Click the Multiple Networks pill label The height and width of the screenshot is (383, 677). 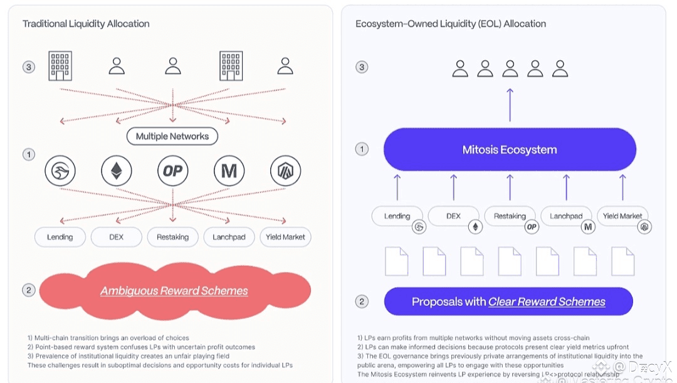172,136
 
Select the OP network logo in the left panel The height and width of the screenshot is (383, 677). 173,171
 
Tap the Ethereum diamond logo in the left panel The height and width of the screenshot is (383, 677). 117,171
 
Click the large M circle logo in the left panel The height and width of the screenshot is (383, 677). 229,171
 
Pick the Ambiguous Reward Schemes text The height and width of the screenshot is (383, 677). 174,291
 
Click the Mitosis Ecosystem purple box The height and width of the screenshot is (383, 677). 510,150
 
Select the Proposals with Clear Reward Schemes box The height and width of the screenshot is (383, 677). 508,302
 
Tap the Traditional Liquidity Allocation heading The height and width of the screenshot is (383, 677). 86,24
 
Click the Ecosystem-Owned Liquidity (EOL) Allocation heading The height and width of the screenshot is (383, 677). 451,24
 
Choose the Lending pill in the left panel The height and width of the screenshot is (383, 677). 60,237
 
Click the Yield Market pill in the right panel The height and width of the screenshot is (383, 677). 622,216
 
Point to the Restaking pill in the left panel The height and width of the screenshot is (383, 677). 172,237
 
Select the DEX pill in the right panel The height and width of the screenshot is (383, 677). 453,216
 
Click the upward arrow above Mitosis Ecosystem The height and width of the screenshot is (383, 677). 510,105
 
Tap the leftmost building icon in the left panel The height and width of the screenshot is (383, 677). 60,66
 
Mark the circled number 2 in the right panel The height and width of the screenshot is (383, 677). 362,302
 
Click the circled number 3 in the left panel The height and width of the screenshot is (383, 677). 29,66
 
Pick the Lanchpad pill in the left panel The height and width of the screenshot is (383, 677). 229,237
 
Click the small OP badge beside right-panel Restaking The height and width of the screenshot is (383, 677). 532,227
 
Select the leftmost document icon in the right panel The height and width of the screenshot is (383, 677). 396,261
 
